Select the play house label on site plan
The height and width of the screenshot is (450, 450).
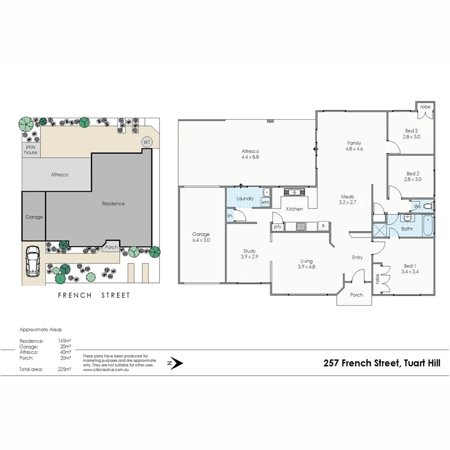pos(31,149)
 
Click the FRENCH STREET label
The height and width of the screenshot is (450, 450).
pos(94,295)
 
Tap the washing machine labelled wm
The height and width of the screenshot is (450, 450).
pos(265,202)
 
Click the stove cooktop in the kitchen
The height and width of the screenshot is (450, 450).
pos(302,225)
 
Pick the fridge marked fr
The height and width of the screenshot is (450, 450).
pos(323,225)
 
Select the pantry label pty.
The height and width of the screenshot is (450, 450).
pos(278,226)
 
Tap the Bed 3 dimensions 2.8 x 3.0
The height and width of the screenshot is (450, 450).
pos(411,137)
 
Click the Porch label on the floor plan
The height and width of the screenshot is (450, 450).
pos(356,295)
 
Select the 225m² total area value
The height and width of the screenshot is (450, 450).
pos(64,369)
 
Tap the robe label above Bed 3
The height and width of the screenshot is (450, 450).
pos(425,107)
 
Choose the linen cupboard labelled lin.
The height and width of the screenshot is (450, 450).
pos(230,215)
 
